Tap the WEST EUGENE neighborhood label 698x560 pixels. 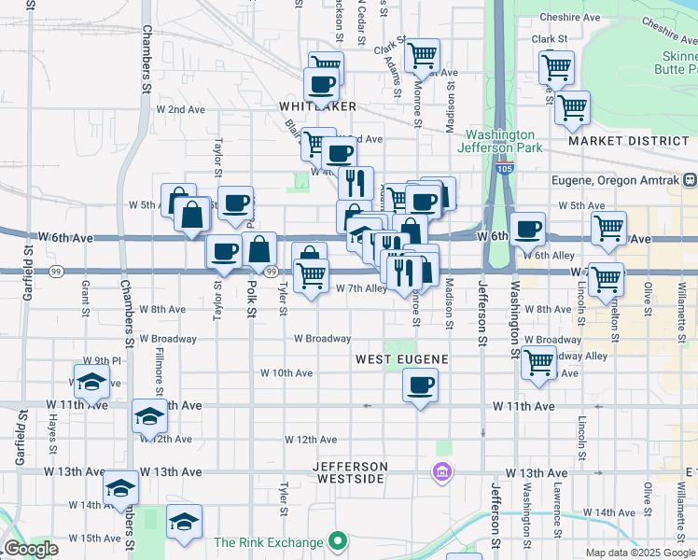click(403, 358)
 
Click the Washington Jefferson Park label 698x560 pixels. click(501, 141)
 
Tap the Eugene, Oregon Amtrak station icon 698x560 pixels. click(689, 179)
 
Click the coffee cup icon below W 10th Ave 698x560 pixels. click(420, 385)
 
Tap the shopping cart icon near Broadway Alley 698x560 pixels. click(538, 362)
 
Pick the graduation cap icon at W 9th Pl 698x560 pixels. click(91, 381)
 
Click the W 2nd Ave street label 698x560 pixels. click(180, 109)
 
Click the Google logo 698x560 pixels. click(32, 550)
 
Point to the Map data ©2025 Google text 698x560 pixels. click(639, 553)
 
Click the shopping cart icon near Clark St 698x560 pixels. click(423, 56)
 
